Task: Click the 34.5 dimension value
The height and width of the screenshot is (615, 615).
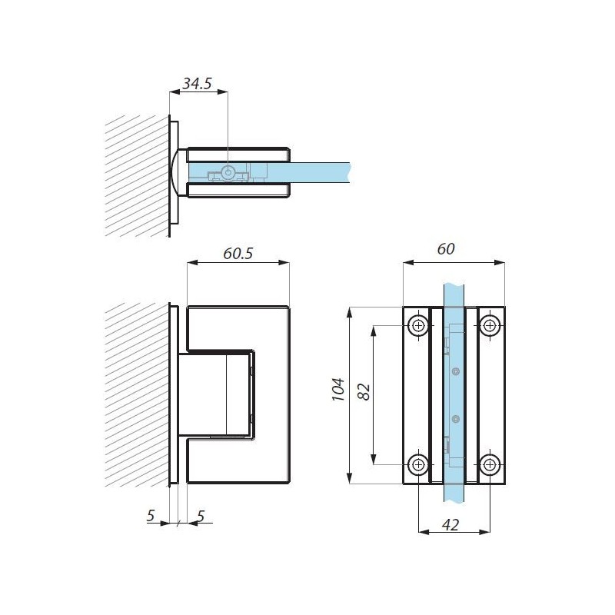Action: (198, 83)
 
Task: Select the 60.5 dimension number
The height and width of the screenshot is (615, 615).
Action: (238, 254)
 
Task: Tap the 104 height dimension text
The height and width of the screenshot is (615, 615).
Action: (338, 389)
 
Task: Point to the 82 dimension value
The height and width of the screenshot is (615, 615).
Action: (364, 391)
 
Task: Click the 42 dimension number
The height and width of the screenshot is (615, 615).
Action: (450, 525)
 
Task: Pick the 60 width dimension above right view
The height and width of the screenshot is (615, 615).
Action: (446, 248)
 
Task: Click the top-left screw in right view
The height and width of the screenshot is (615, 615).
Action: (419, 325)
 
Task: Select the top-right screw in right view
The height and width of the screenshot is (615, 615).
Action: (490, 325)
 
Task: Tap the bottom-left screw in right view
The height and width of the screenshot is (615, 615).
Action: (419, 465)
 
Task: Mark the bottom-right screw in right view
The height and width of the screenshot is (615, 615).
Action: (490, 465)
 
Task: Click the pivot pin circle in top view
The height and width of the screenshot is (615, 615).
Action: (228, 171)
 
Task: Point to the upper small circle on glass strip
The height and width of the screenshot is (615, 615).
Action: (455, 371)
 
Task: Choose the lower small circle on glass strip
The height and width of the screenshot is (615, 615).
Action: (455, 419)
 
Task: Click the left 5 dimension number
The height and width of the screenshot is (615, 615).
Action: (151, 516)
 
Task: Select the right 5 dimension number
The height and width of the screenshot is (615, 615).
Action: (201, 516)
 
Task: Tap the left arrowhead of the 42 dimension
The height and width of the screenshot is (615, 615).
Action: (424, 532)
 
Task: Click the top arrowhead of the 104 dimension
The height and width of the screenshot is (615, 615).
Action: (349, 312)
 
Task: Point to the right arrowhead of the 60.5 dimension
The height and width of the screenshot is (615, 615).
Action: (284, 262)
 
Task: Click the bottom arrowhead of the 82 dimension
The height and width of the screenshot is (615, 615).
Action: (374, 459)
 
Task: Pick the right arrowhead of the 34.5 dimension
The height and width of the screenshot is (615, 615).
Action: (223, 91)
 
